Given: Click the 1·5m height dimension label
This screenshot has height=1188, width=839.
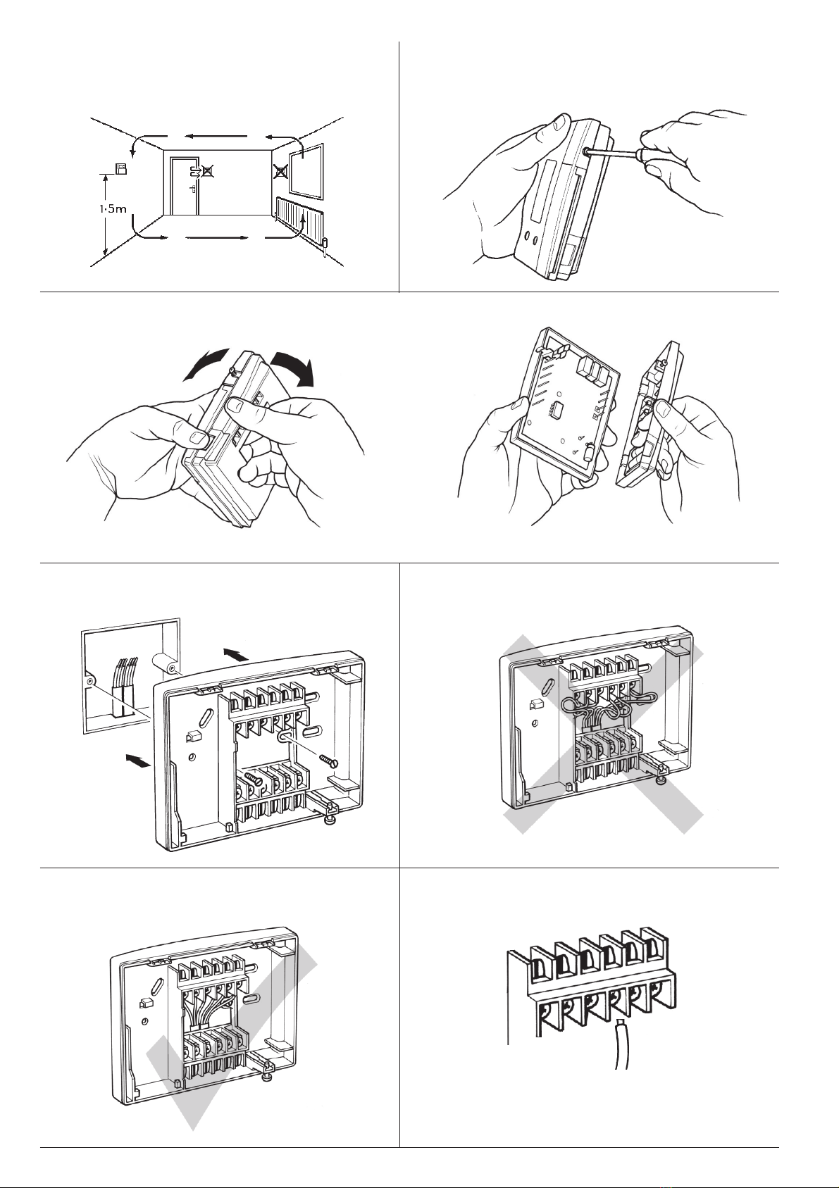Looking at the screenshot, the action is pos(113,209).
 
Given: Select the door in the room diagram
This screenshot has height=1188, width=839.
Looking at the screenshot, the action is pos(184,186).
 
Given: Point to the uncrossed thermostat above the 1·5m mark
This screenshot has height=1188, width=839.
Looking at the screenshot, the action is pos(122,169).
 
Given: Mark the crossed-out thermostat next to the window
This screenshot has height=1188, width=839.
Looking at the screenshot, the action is pos(280,172).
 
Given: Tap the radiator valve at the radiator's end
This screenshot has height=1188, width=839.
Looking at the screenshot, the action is pos(325,244).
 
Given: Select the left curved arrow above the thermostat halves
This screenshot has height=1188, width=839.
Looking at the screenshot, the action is pos(204,364).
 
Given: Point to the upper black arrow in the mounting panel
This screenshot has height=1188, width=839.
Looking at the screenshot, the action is pos(235,654).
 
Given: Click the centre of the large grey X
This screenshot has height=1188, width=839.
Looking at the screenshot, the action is pos(602,734).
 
